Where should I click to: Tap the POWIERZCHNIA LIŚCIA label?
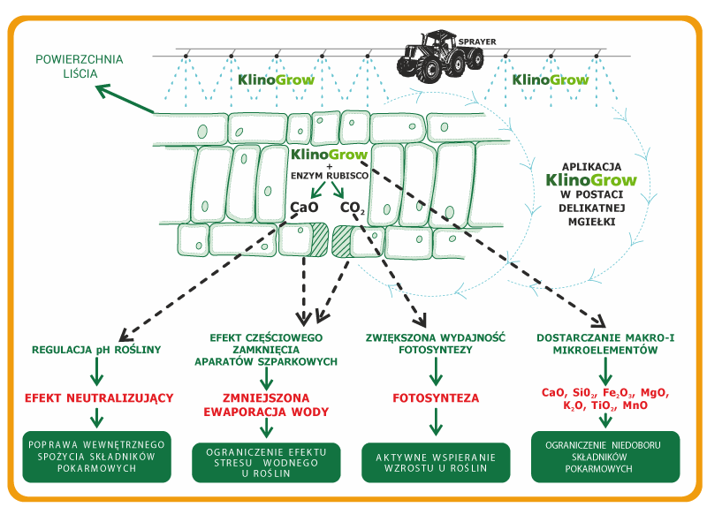click(80, 66)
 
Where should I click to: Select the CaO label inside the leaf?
click(304, 208)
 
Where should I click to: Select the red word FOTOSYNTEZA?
click(435, 397)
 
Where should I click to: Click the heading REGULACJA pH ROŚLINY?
click(95, 350)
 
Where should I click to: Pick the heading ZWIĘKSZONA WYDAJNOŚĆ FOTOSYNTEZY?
click(435, 344)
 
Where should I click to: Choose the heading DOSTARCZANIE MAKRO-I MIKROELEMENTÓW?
click(605, 344)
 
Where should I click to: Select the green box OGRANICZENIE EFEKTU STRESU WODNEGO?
click(266, 462)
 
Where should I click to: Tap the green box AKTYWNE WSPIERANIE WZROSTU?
click(435, 462)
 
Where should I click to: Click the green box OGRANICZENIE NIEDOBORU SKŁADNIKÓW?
click(605, 456)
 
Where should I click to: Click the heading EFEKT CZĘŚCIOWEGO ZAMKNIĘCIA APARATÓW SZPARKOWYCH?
click(266, 350)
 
